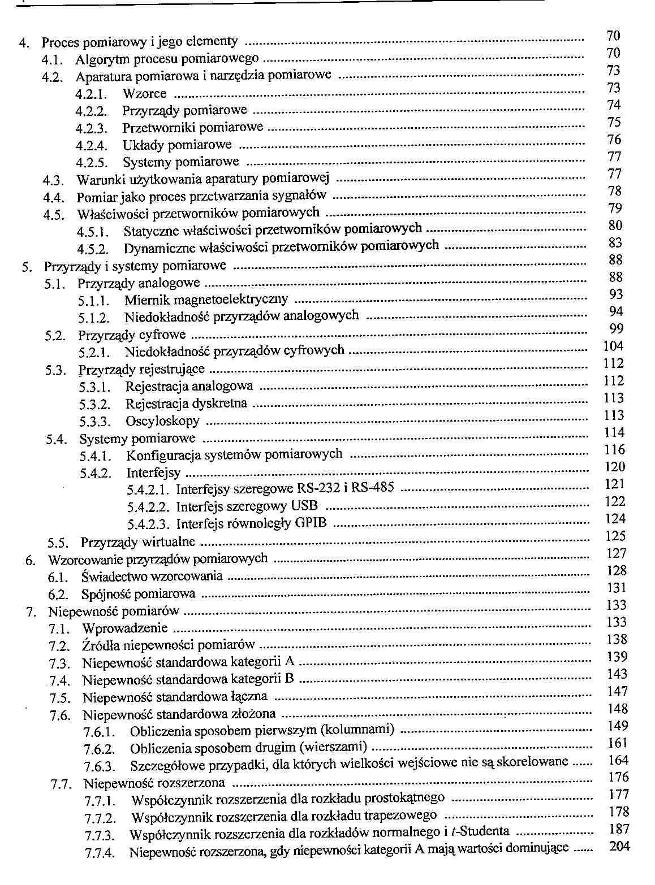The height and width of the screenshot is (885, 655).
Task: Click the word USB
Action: pyautogui.click(x=304, y=506)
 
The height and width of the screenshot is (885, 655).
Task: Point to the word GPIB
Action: pyautogui.click(x=311, y=523)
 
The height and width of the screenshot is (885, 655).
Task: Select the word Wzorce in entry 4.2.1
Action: pyautogui.click(x=144, y=94)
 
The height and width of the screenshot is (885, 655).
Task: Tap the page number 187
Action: pyautogui.click(x=619, y=829)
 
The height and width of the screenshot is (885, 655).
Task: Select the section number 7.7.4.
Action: pyautogui.click(x=101, y=853)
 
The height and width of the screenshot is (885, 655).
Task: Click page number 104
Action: pyautogui.click(x=614, y=346)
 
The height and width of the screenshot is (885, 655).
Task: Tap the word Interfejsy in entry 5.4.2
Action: pyautogui.click(x=153, y=472)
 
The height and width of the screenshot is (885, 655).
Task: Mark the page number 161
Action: pyautogui.click(x=618, y=743)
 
